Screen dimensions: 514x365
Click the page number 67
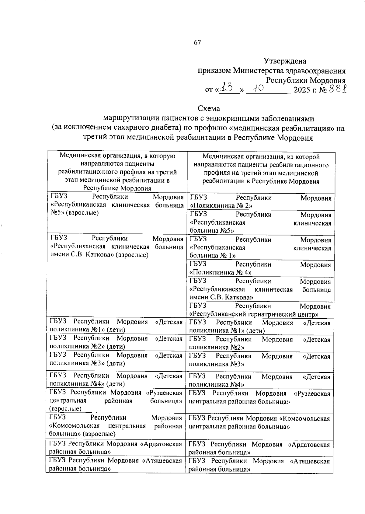point(197,43)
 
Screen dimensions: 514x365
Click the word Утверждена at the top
point(285,61)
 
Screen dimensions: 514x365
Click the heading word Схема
point(209,108)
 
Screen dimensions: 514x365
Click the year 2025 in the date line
point(301,90)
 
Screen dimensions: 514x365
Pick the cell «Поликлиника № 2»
point(260,202)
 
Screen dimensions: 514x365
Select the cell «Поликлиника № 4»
point(260,268)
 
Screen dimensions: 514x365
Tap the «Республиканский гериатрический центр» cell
point(260,309)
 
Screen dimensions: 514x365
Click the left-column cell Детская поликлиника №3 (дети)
point(116,359)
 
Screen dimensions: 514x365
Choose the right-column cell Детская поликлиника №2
point(259,343)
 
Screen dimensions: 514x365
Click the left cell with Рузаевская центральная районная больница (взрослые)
point(116,400)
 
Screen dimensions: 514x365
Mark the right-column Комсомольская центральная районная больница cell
point(259,423)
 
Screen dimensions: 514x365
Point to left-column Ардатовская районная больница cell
point(116,448)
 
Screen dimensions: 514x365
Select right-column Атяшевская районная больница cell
point(259,465)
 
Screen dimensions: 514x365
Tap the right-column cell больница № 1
point(260,247)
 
